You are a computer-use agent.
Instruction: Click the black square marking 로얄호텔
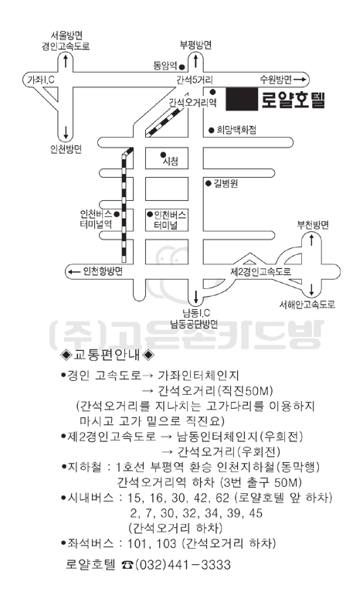(242, 100)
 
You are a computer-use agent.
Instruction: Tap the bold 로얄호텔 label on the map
(293, 100)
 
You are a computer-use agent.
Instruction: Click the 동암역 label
(165, 66)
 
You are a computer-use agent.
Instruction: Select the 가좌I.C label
(41, 80)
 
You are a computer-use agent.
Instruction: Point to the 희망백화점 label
(236, 130)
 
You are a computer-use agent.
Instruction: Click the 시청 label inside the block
(171, 161)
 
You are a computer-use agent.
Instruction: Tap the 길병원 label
(226, 183)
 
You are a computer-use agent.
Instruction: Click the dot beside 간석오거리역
(212, 92)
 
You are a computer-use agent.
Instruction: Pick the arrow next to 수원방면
(300, 80)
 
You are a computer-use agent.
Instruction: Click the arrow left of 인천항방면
(74, 271)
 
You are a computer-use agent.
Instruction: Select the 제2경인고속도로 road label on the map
(260, 271)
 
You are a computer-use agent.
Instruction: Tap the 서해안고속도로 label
(307, 304)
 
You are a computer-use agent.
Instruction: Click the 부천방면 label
(313, 225)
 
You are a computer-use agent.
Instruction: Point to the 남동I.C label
(196, 313)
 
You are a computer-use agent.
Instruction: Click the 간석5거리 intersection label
(195, 80)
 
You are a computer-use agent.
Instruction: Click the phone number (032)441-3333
(183, 564)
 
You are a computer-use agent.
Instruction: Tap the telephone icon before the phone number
(127, 565)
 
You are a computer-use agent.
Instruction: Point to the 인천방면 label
(66, 149)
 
